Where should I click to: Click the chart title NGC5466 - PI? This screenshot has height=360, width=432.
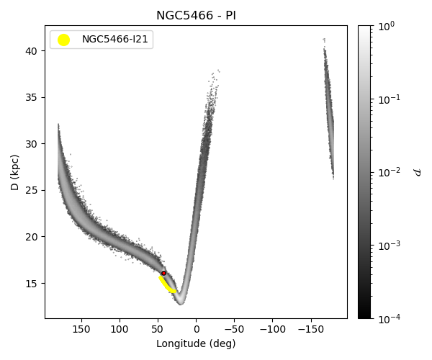[196, 15]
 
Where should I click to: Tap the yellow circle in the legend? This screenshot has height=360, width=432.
[63, 40]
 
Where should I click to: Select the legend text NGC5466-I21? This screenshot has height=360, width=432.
[115, 40]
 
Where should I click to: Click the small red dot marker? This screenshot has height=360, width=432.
[163, 273]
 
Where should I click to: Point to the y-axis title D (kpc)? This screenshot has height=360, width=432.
[15, 172]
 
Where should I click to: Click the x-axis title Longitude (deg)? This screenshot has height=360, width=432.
[196, 344]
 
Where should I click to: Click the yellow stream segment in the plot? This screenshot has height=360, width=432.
[167, 284]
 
